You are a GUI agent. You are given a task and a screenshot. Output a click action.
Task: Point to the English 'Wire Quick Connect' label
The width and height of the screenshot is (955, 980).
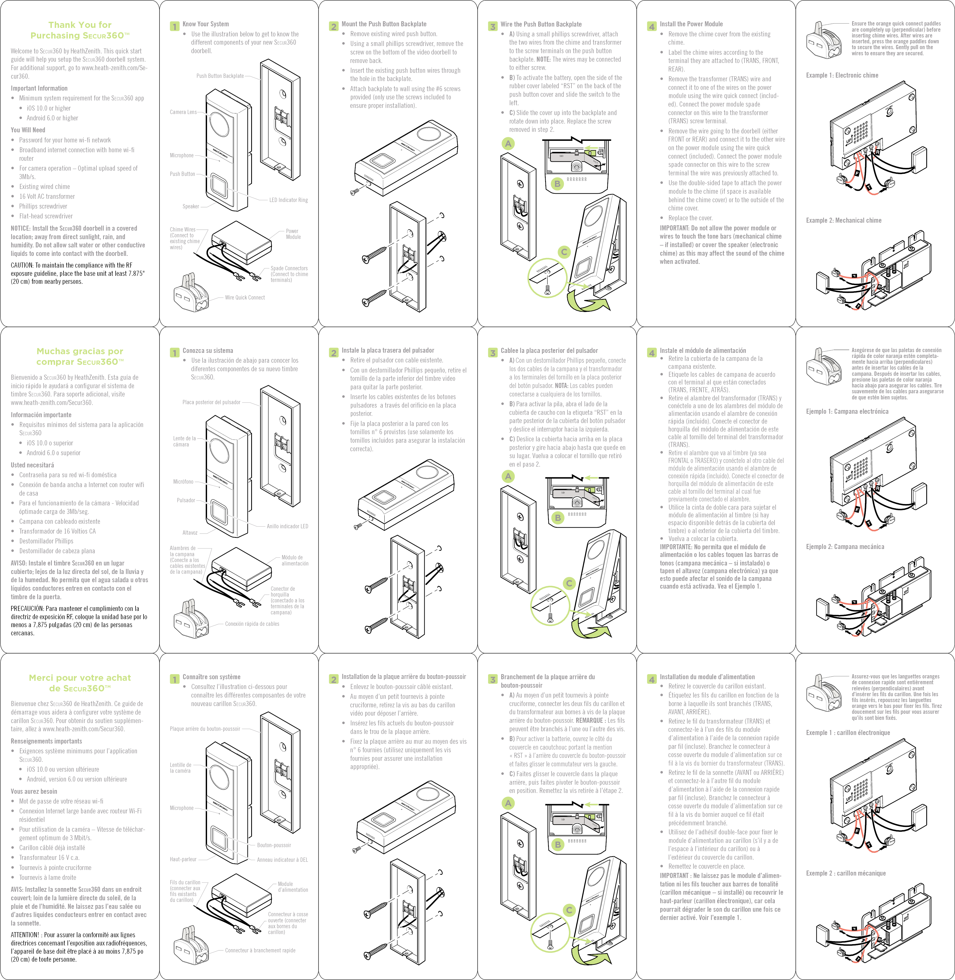(x=245, y=297)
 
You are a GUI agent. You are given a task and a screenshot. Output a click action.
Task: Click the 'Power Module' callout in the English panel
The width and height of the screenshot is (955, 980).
(x=293, y=234)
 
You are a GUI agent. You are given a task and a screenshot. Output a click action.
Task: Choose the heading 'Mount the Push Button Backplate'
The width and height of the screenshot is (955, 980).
(x=384, y=24)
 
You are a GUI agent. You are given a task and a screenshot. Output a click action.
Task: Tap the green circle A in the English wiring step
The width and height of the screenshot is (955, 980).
(x=508, y=144)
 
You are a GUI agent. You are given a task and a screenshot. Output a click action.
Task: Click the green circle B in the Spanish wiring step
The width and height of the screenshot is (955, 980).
(x=557, y=518)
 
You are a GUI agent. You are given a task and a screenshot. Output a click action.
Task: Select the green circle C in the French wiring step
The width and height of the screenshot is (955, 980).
(x=569, y=910)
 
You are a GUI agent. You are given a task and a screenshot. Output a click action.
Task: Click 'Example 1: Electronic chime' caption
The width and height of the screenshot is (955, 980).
(x=842, y=75)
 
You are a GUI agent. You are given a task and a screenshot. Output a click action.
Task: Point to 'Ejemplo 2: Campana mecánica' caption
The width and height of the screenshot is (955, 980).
(x=845, y=547)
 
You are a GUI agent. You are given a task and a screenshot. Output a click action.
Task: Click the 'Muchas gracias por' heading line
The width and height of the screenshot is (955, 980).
(x=80, y=351)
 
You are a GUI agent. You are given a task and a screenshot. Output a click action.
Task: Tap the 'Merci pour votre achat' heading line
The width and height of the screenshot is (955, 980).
(x=80, y=678)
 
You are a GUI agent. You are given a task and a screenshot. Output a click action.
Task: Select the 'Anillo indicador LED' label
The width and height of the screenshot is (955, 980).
(x=287, y=526)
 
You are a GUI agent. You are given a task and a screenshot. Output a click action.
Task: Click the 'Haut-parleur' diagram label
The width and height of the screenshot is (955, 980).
(x=183, y=859)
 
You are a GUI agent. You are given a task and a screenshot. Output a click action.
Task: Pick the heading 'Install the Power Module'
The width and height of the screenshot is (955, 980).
(x=691, y=24)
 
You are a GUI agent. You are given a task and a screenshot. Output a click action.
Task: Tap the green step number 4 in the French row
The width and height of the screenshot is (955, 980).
(x=651, y=679)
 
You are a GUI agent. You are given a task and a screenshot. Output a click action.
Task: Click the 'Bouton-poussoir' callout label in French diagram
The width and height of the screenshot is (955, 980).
(x=274, y=845)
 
